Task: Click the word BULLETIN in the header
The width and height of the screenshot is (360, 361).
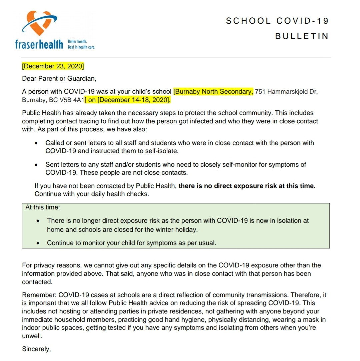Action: pos(302,36)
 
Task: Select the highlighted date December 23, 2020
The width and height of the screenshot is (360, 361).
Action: pos(53,66)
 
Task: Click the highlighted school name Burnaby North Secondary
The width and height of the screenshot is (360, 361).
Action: pos(213,91)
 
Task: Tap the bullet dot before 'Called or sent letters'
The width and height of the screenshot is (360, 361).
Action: pos(36,143)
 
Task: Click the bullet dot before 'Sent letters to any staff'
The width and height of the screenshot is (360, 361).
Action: pos(36,165)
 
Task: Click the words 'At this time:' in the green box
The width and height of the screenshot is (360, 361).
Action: pos(43,207)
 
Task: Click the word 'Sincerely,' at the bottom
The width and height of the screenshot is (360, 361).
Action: pos(36,349)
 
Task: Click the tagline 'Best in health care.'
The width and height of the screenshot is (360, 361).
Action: pos(82,47)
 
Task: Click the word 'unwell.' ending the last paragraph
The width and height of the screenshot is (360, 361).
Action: pos(32,336)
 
